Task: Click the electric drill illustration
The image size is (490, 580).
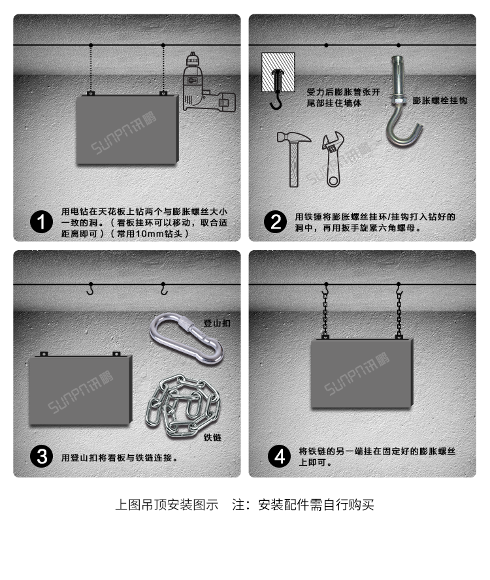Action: pos(208,82)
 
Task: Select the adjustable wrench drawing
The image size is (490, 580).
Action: pos(333,159)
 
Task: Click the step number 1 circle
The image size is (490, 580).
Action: pos(41,222)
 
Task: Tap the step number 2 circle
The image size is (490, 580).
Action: pos(275,222)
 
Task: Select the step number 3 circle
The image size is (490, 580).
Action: pos(41,456)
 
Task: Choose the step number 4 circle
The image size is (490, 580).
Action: pos(279,456)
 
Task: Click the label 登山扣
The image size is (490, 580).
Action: pos(217,323)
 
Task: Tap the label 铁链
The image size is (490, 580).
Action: pos(212,438)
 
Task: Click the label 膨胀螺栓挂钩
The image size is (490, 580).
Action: pos(440,101)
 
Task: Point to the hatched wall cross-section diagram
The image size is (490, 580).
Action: pos(278,72)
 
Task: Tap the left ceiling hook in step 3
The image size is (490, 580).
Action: pos(90,289)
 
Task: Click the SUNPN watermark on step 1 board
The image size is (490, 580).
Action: pos(123,133)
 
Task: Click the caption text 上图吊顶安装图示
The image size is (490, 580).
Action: pos(167,504)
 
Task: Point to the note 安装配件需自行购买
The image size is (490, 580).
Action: pos(316,504)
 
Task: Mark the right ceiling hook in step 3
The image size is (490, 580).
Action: pos(163,289)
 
